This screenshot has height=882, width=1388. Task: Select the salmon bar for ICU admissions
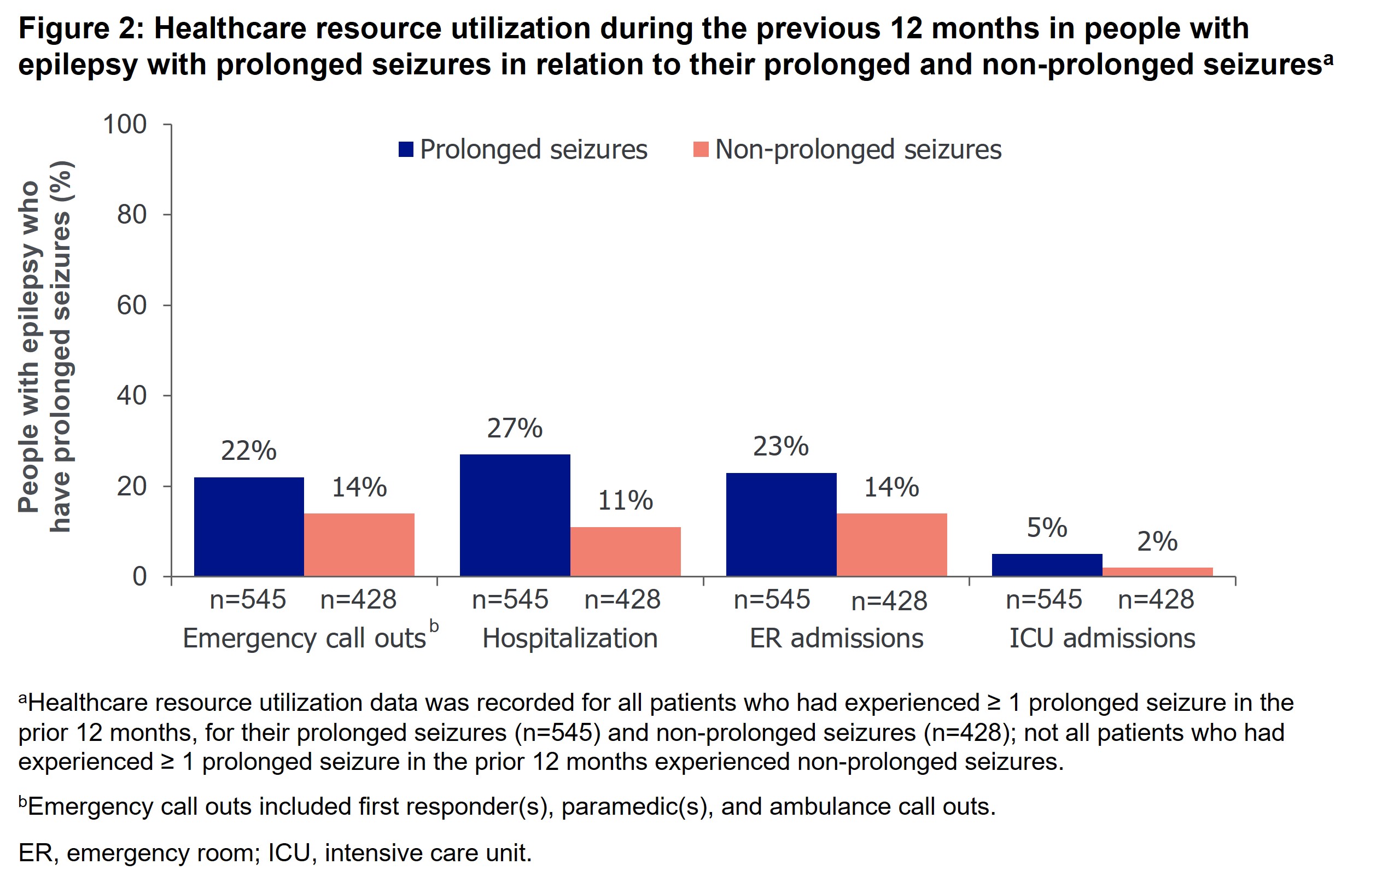click(x=1157, y=572)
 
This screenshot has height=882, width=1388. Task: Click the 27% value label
click(x=515, y=428)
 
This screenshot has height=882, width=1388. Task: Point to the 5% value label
click(x=1047, y=528)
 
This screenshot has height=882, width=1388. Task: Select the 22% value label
click(x=249, y=451)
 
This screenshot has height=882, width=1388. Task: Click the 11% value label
click(x=626, y=500)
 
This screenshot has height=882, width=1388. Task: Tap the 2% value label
click(x=1157, y=542)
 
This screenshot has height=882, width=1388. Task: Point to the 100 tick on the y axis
click(x=125, y=125)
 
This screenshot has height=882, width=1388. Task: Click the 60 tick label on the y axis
click(x=132, y=305)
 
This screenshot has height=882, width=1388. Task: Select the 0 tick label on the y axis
click(x=139, y=576)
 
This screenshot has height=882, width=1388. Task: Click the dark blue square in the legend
click(x=406, y=149)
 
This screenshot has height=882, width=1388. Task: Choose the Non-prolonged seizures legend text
click(x=858, y=149)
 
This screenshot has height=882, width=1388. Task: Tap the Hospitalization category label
click(x=570, y=639)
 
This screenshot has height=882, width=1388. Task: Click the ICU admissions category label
click(x=1102, y=639)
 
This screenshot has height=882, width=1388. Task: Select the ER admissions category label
click(x=836, y=639)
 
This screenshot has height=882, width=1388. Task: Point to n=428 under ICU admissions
click(x=1156, y=599)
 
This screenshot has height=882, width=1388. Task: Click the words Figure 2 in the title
click(x=81, y=29)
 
